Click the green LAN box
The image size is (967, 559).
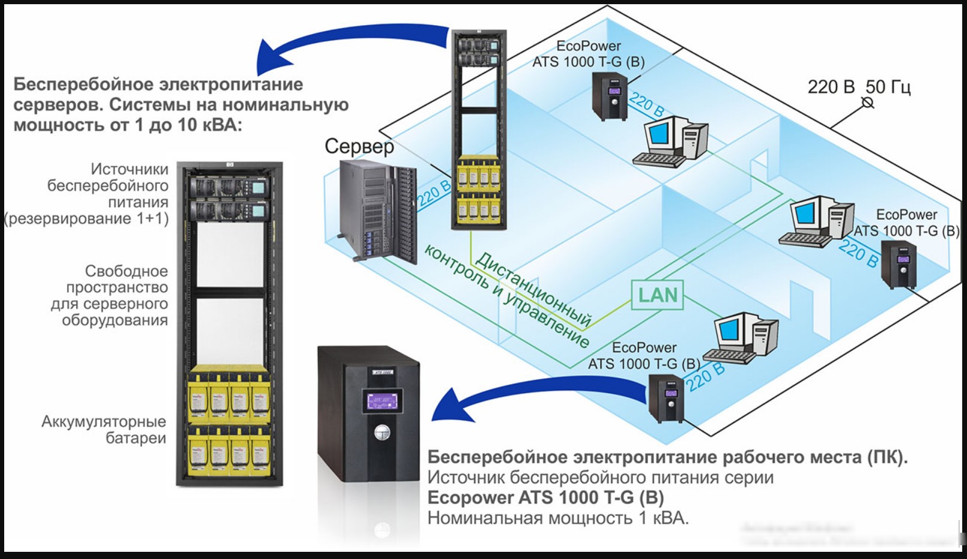pyautogui.click(x=657, y=295)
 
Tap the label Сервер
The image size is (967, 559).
pyautogui.click(x=359, y=147)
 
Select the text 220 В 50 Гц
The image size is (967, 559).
pyautogui.click(x=859, y=87)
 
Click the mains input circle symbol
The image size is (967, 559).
pyautogui.click(x=867, y=103)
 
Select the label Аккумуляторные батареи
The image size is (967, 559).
pyautogui.click(x=104, y=430)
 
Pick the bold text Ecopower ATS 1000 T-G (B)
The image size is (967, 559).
pyautogui.click(x=545, y=498)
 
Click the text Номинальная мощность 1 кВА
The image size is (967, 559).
pyautogui.click(x=558, y=518)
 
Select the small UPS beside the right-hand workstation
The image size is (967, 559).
pyautogui.click(x=899, y=265)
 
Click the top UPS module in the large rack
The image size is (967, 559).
pyautogui.click(x=228, y=186)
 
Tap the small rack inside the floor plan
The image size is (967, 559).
pyautogui.click(x=479, y=129)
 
